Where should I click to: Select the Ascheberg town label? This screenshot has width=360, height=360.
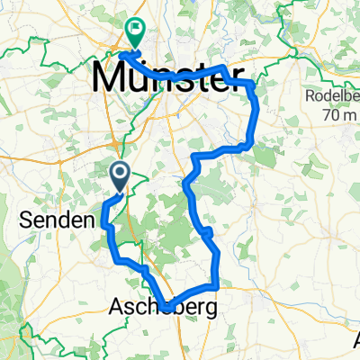[x=161, y=309]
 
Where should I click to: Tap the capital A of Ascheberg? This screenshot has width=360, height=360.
[x=116, y=309]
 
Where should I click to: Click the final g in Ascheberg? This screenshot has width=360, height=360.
[x=208, y=310]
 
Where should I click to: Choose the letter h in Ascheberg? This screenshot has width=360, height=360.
[x=150, y=309]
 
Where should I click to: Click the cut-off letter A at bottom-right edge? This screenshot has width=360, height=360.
[x=356, y=340]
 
